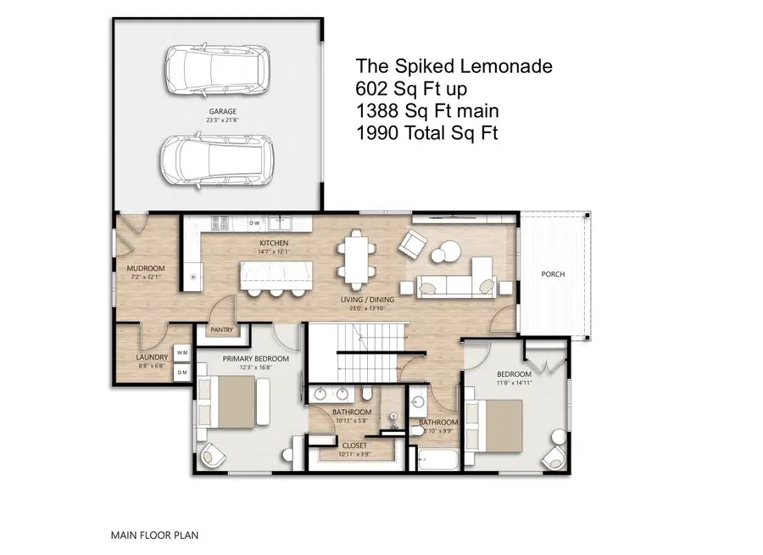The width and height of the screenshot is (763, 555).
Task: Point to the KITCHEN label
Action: (x=276, y=243)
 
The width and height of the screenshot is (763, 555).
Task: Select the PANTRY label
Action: (x=222, y=330)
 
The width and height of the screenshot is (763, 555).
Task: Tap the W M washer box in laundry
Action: (x=182, y=352)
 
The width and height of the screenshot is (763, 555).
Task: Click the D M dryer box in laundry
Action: (x=182, y=372)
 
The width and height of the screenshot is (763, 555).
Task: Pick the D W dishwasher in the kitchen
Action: (x=254, y=223)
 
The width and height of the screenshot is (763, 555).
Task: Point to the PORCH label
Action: (x=554, y=274)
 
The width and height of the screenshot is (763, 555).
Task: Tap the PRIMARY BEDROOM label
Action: (x=255, y=359)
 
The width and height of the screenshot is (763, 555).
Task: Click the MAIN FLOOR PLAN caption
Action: (x=154, y=535)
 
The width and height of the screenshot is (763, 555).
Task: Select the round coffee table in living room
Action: (x=444, y=254)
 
